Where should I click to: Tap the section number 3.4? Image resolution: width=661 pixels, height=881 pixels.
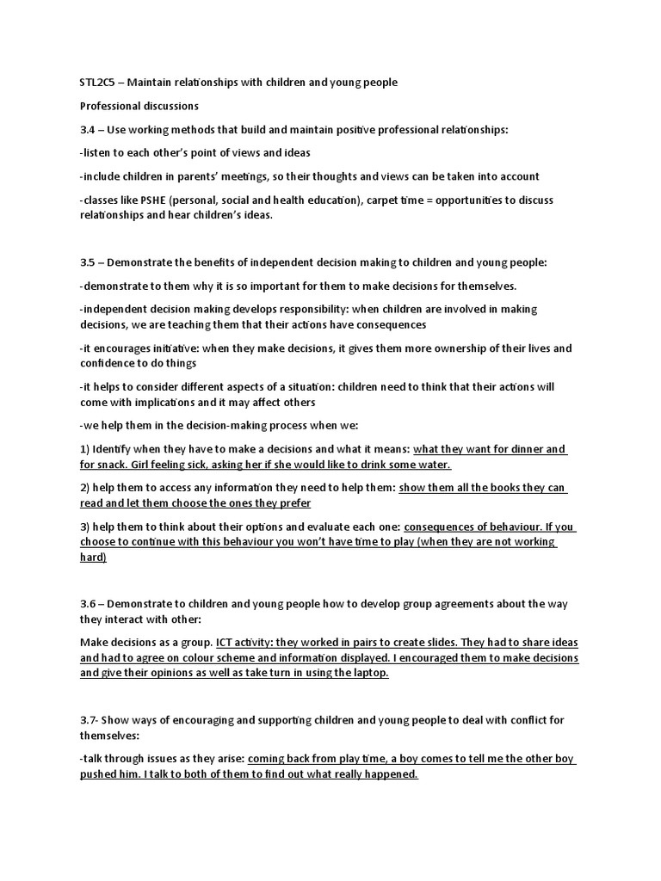[88, 130]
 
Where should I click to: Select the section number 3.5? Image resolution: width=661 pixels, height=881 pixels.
[88, 262]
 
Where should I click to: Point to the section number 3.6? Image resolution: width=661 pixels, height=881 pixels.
[88, 604]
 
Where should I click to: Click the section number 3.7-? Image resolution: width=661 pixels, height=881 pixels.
[90, 719]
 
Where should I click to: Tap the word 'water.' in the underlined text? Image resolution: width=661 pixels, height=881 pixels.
[432, 465]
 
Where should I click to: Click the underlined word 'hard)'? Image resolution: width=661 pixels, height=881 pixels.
[93, 558]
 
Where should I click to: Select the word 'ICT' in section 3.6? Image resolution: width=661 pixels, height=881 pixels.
[225, 643]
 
